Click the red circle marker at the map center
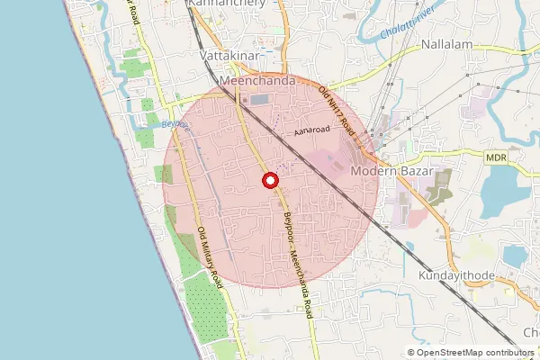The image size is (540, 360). pos(269,181)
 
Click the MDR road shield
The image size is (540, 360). pos(496,157)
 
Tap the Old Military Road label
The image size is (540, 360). pos(209,256)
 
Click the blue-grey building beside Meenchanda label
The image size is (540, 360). pos(261,99)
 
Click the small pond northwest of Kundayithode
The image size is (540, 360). pos(409,246)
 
